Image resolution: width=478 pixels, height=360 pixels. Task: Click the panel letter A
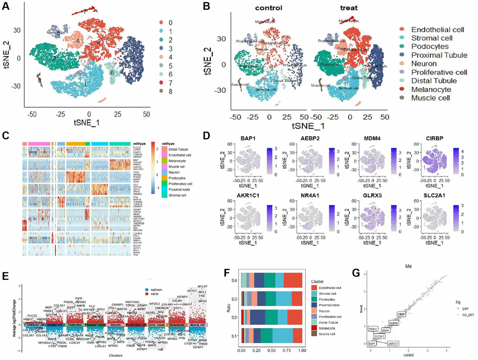tap(7, 7)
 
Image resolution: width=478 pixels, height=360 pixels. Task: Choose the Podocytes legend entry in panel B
tap(423, 47)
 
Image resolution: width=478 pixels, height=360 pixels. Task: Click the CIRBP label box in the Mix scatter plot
tap(401, 314)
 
